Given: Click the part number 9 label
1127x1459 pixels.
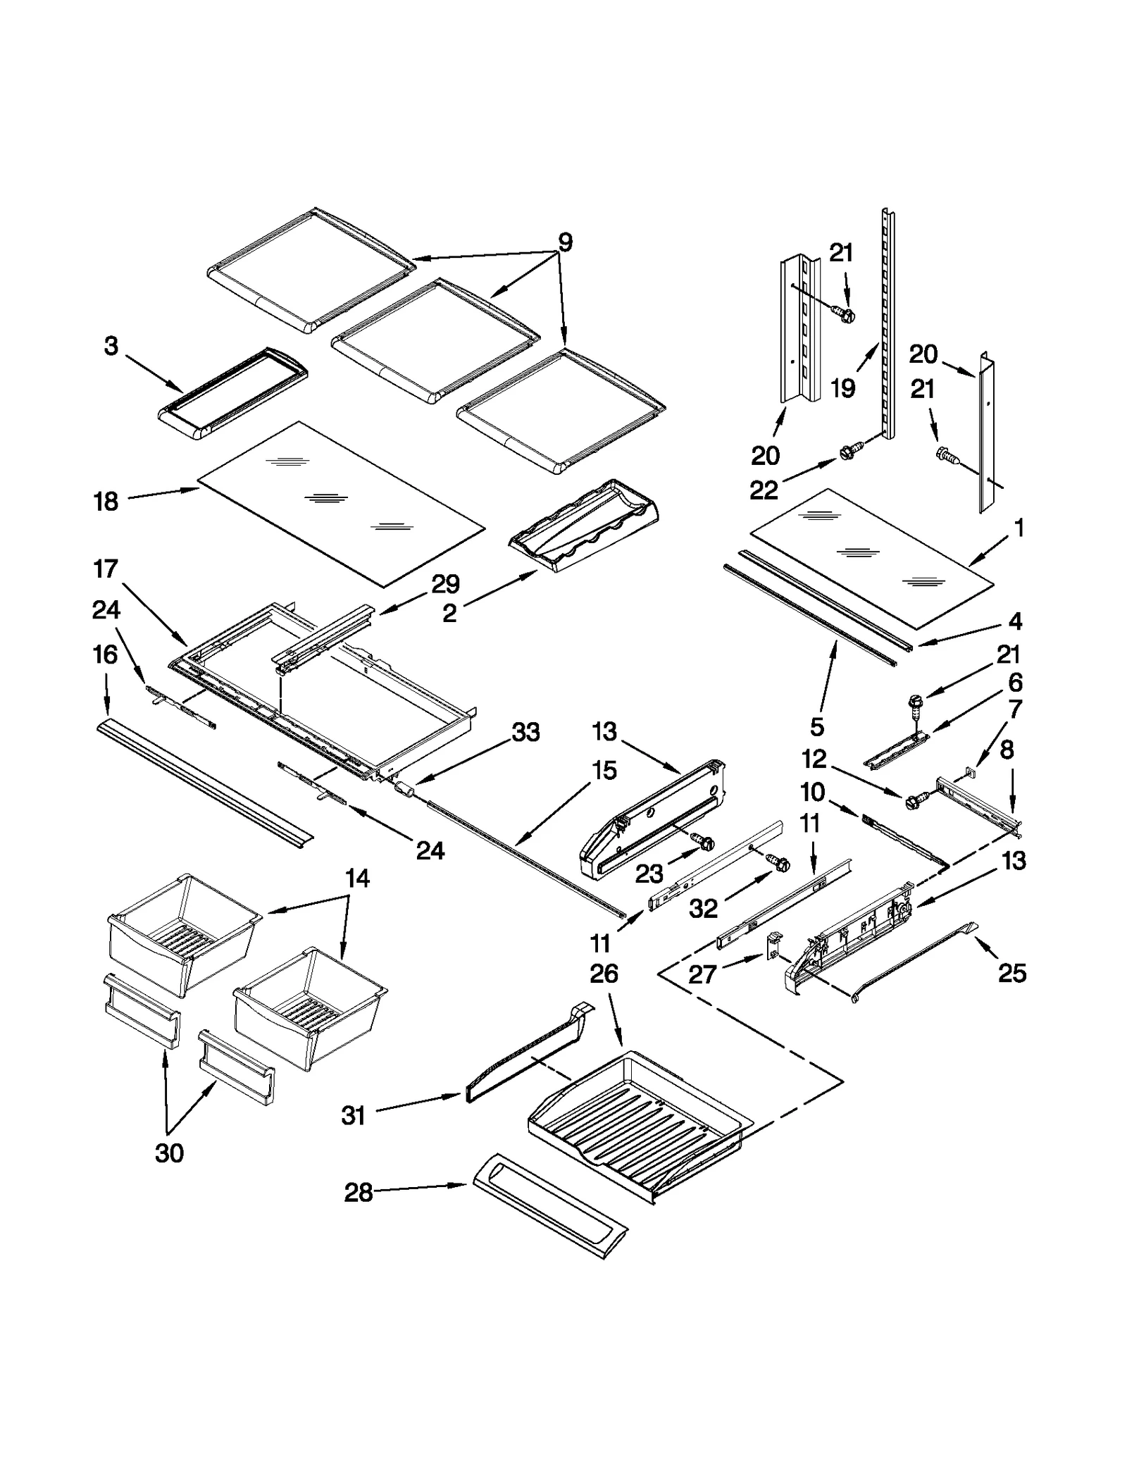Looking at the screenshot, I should click(x=565, y=242).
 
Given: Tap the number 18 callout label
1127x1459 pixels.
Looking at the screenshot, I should click(x=106, y=502).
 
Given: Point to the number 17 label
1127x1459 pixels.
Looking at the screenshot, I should click(x=106, y=569).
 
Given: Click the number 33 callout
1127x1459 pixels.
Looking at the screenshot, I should click(x=525, y=733).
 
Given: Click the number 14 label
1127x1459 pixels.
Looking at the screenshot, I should click(x=357, y=878).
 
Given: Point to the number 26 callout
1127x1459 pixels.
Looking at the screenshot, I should click(x=604, y=974).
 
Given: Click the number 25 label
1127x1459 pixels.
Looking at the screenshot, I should click(x=1012, y=973).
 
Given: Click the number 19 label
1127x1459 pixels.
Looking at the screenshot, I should click(x=842, y=387).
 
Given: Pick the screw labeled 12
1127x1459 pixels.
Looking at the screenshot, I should click(x=914, y=799).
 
